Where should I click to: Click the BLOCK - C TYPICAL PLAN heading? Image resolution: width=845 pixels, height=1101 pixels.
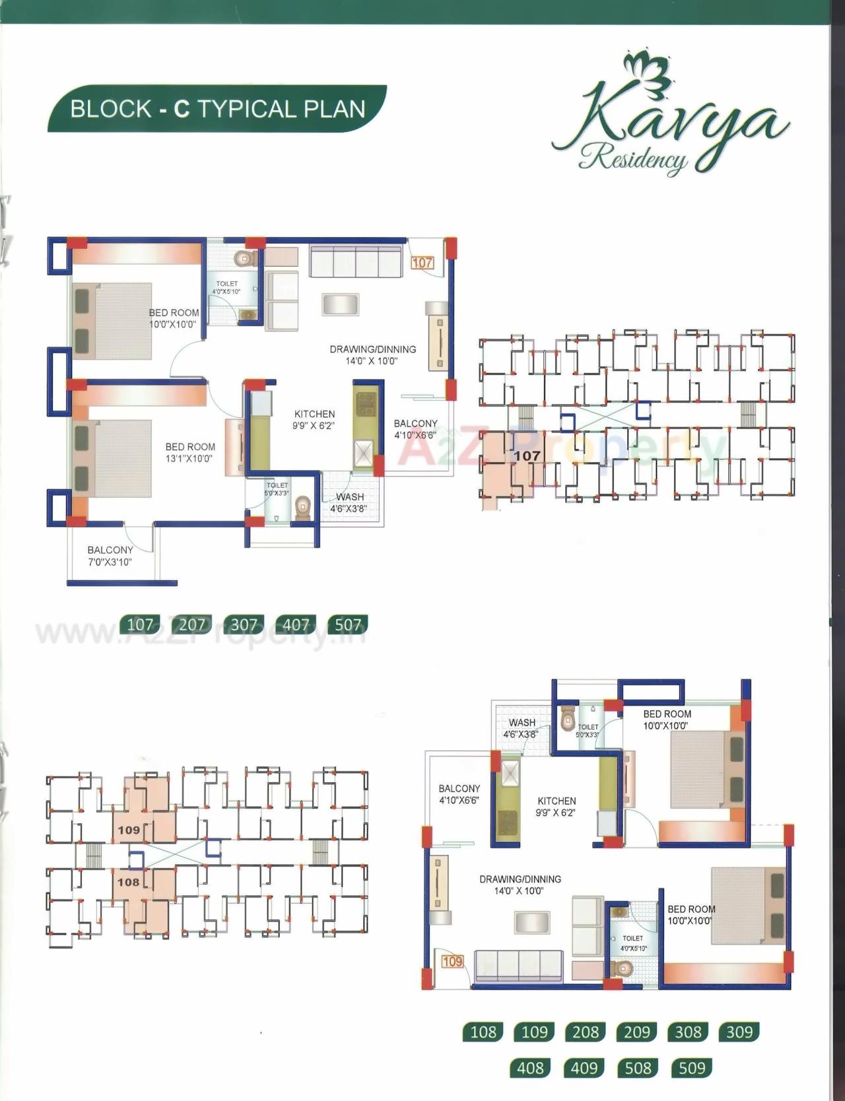(217, 109)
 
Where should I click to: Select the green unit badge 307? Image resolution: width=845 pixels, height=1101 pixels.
(244, 624)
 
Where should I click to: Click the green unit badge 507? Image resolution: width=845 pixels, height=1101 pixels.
(348, 624)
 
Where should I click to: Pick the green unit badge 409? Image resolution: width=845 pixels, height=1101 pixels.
(584, 1067)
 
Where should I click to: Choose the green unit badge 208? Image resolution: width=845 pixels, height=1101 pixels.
(586, 1032)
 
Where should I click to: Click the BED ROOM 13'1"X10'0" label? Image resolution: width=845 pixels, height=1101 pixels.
(189, 452)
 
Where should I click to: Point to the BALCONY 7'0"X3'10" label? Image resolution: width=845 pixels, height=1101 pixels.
(110, 556)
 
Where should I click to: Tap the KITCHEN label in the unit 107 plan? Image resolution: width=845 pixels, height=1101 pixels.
(314, 419)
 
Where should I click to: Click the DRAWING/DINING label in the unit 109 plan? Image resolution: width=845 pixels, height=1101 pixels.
(520, 884)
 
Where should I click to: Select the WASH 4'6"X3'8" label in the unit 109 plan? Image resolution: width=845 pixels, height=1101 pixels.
(522, 728)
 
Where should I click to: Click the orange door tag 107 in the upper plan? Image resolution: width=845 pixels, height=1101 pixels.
(422, 263)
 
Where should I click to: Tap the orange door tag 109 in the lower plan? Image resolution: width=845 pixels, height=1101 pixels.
(452, 961)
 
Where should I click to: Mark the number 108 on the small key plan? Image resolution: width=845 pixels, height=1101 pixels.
(129, 882)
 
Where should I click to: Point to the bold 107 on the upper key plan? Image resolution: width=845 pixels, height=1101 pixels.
(527, 455)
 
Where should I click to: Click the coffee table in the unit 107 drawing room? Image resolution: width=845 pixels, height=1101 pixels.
(341, 304)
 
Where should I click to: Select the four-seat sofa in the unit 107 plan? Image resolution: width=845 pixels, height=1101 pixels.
(356, 261)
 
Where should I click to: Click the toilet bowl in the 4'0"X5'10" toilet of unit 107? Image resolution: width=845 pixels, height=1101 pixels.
(244, 258)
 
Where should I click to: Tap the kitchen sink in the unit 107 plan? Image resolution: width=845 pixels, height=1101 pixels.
(364, 453)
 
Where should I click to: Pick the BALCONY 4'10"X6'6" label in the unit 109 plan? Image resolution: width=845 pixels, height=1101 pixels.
(459, 794)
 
